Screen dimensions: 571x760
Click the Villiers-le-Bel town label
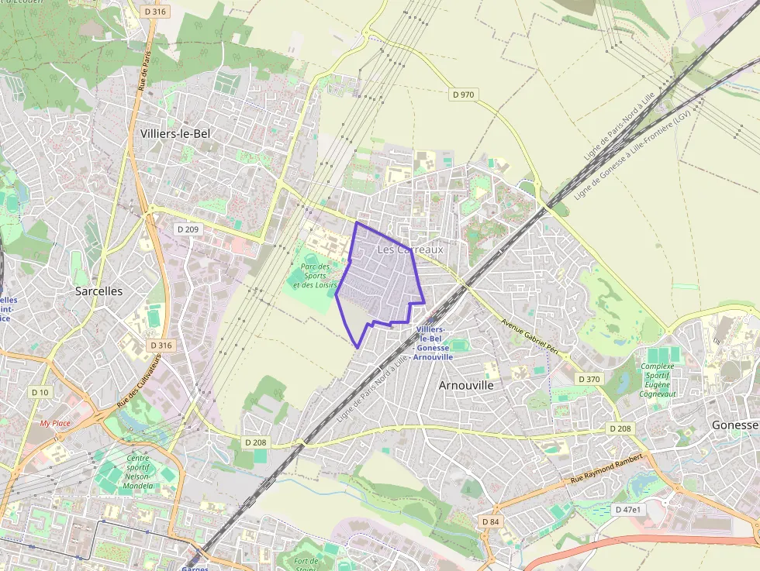[x=175, y=133]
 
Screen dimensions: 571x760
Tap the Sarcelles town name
[x=98, y=291]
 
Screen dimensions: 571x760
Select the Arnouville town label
[x=466, y=384]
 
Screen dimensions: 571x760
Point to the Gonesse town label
[x=734, y=425]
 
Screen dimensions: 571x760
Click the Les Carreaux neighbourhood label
[x=410, y=249]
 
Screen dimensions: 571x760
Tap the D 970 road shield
[x=464, y=95]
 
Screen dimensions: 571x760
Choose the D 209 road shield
[x=188, y=229]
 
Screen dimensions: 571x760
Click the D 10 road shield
[x=40, y=392]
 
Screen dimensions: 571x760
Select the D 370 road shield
[x=589, y=379]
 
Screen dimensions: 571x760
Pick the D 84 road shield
[x=490, y=521]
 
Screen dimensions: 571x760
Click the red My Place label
[x=55, y=424]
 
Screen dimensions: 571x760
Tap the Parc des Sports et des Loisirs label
[x=315, y=276]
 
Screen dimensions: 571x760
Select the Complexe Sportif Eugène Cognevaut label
[x=658, y=380]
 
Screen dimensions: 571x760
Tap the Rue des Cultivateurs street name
[x=140, y=381]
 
